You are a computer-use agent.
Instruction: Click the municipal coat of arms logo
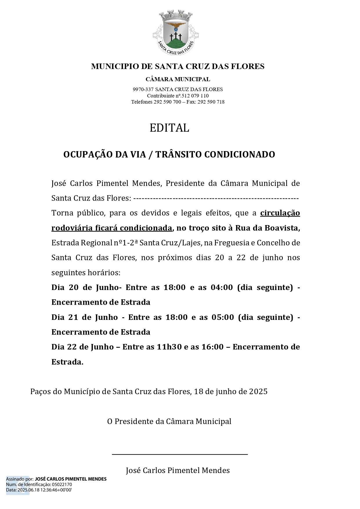click(x=176, y=32)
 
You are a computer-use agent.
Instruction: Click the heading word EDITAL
click(x=169, y=128)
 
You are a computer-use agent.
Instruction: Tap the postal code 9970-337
click(x=143, y=90)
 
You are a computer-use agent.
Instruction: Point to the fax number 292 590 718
click(x=211, y=102)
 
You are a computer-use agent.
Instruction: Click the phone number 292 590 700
click(x=167, y=102)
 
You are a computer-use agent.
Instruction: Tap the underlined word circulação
click(x=280, y=213)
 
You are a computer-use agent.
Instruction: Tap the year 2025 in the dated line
click(x=258, y=392)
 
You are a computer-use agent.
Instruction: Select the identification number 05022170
click(x=62, y=485)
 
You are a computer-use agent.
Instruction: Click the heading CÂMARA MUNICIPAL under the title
click(x=178, y=79)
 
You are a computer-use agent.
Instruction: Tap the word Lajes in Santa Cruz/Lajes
click(x=191, y=243)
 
